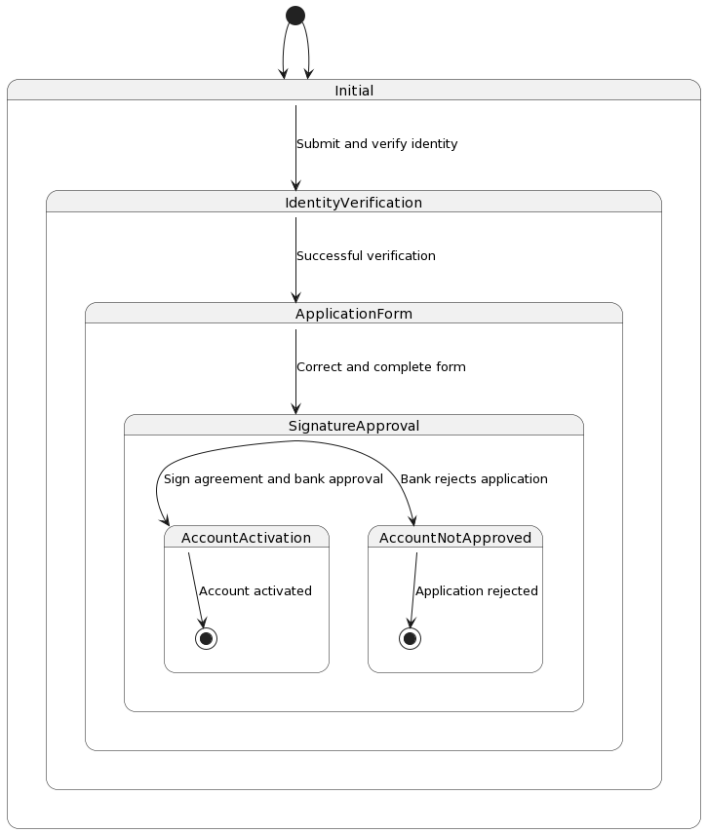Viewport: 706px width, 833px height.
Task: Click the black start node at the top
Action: [295, 15]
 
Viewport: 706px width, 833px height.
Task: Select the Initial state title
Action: [354, 91]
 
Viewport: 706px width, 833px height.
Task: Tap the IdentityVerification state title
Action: [353, 203]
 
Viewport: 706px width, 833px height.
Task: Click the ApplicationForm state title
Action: [353, 314]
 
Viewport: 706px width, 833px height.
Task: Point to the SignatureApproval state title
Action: [354, 426]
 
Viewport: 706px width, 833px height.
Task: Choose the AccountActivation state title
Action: [246, 538]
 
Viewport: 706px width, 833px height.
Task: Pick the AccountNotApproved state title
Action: [454, 538]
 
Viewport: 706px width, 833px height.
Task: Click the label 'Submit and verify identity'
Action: [376, 144]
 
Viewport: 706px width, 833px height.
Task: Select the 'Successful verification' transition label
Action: [366, 256]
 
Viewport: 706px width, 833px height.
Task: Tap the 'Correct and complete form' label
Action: [380, 367]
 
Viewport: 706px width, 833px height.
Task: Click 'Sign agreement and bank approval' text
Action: [273, 479]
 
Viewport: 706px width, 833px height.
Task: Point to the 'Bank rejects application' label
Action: [474, 479]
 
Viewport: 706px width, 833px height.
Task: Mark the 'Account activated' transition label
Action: [255, 591]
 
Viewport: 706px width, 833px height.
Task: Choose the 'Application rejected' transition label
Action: [476, 591]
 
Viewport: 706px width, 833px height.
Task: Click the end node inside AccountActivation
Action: [206, 638]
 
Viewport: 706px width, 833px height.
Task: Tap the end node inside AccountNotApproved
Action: [410, 638]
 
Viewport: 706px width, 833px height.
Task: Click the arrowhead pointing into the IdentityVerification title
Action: [295, 185]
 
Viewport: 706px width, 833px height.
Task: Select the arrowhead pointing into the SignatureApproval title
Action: [295, 408]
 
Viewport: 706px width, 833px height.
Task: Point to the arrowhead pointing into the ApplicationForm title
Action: [295, 296]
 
